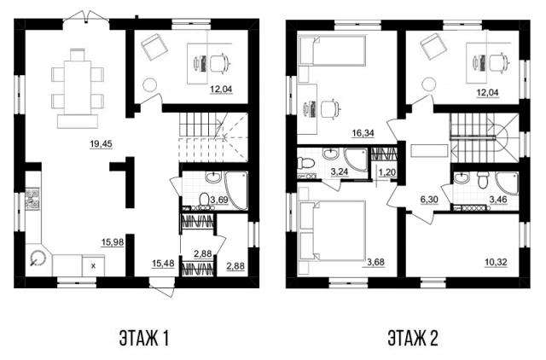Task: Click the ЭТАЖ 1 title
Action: pos(144,338)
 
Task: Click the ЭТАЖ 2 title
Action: pos(413,338)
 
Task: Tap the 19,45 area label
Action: pos(101,143)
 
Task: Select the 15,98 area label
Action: pos(113,241)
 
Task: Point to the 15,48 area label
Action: pos(163,264)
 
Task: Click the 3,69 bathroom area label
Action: pos(219,200)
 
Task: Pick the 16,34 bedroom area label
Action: pos(363,132)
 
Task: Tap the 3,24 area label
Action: pos(340,171)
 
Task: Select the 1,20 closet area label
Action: pos(387,171)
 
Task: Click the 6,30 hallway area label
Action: pos(429,200)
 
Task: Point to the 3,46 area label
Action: pos(498,200)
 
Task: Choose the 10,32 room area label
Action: pos(496,262)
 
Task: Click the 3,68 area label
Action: pos(375,262)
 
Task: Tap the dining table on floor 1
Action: pos(78,88)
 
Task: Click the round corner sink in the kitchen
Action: pos(38,258)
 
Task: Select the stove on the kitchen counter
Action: pos(32,198)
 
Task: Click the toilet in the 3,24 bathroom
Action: pos(306,163)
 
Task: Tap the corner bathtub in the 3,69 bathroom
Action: pos(236,190)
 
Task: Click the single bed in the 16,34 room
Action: pos(334,50)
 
